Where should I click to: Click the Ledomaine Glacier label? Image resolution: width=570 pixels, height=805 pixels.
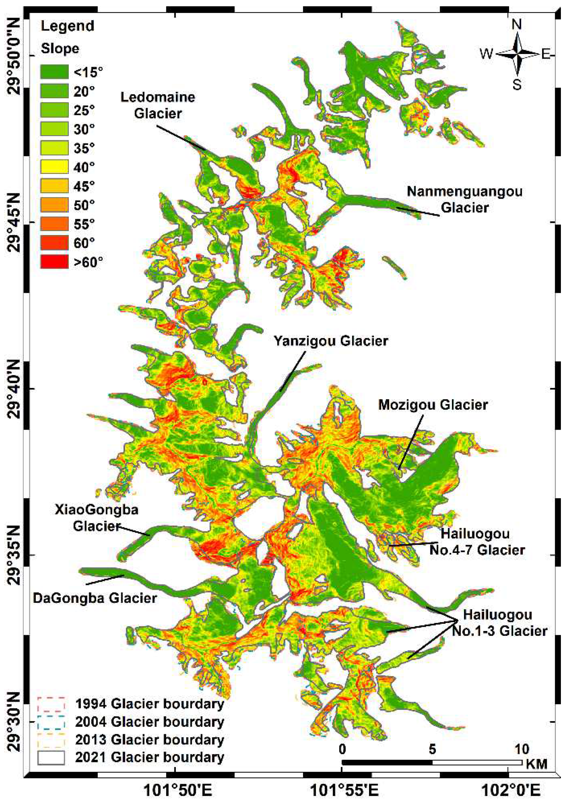click(158, 105)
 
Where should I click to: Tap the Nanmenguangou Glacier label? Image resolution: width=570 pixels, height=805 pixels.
click(464, 200)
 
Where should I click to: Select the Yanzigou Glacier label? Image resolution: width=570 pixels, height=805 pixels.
click(331, 341)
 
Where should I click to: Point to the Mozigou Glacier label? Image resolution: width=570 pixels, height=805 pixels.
click(433, 405)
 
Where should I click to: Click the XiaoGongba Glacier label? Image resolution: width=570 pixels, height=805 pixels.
click(96, 518)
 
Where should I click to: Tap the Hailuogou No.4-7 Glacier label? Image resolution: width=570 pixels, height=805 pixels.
click(477, 542)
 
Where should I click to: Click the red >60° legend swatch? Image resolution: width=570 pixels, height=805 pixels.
click(54, 262)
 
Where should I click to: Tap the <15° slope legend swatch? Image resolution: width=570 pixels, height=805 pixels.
click(54, 72)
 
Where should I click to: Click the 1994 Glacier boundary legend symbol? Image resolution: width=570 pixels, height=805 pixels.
click(51, 703)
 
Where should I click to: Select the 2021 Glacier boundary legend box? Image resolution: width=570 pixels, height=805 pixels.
click(51, 757)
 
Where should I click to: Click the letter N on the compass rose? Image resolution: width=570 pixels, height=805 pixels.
click(517, 24)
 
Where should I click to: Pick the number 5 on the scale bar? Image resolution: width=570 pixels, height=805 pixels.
click(432, 749)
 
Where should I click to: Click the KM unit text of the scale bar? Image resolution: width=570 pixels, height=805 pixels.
click(536, 764)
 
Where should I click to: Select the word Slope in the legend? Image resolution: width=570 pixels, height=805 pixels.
click(60, 48)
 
